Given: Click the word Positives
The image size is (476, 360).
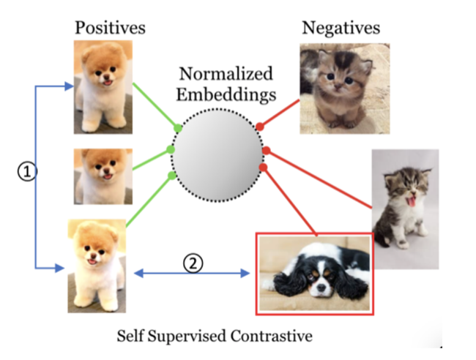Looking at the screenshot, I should (110, 29).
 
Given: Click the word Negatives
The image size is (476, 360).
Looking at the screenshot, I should (341, 29).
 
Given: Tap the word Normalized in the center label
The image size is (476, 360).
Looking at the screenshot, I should (226, 75).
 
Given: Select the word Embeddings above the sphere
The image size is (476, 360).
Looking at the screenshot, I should (226, 94).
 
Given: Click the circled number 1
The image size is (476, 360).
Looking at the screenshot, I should (26, 171).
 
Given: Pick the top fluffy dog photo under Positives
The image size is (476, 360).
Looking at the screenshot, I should (103, 87).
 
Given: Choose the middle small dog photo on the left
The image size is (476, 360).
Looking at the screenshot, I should (103, 176).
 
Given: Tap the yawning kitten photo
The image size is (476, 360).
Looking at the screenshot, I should (405, 209).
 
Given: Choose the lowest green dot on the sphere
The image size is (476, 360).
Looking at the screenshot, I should (172, 176).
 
